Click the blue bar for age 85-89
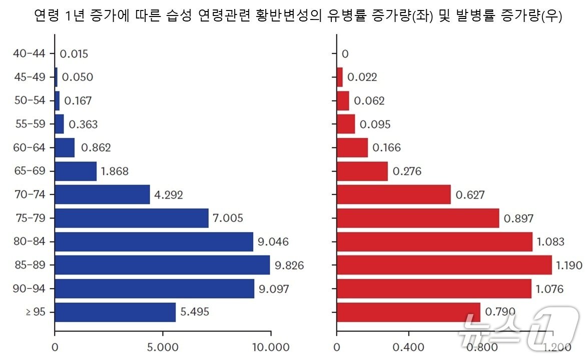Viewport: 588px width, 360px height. click(x=162, y=264)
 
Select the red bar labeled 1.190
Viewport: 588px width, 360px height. click(x=444, y=264)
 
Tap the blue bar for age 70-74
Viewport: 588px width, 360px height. click(x=102, y=194)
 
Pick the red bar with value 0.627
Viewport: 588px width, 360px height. click(x=393, y=194)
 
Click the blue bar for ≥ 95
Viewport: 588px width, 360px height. click(x=115, y=312)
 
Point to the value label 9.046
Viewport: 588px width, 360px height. click(x=273, y=242)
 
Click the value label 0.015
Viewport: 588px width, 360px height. click(x=74, y=53)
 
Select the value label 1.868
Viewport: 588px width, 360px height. click(x=115, y=171)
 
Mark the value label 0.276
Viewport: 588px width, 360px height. click(x=407, y=171)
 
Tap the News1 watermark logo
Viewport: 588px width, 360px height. click(x=520, y=327)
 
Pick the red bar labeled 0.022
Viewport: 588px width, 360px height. click(x=340, y=77)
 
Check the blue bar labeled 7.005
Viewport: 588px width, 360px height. click(x=131, y=218)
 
